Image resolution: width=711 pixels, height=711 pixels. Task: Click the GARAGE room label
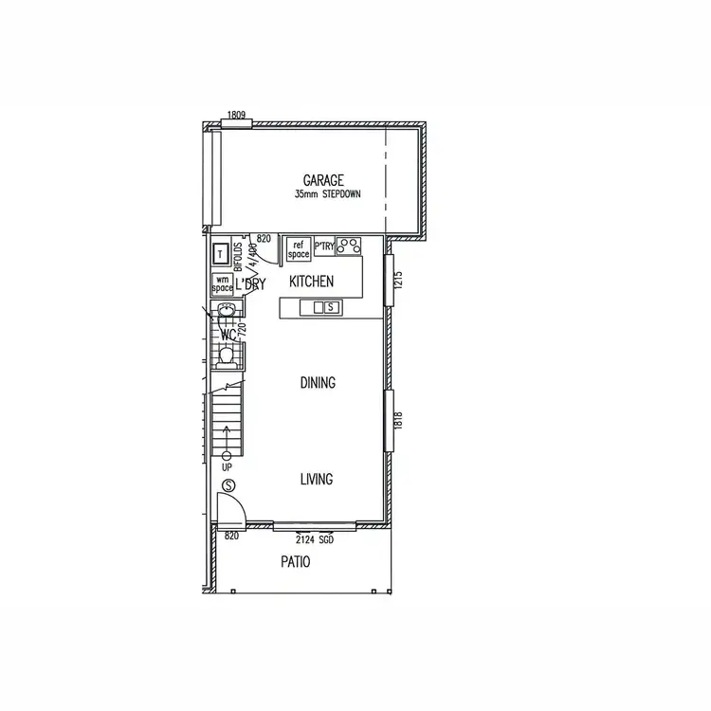pos(323,180)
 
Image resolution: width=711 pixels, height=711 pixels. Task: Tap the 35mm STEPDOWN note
pos(327,194)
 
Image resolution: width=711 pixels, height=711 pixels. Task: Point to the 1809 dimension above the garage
pos(237,116)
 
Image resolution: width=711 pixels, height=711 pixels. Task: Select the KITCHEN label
pos(311,282)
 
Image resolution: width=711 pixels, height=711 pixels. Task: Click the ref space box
pos(299,249)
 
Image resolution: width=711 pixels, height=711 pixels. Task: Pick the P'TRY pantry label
pos(323,246)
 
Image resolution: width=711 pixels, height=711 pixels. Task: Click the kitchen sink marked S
pos(331,307)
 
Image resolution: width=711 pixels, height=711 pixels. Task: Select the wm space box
pos(223,283)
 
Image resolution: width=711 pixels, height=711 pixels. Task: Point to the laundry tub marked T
pos(221,254)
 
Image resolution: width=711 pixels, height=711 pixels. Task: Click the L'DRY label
pos(250,283)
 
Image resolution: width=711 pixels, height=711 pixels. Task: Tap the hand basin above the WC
pos(226,311)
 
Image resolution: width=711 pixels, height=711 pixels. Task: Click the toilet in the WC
pos(226,356)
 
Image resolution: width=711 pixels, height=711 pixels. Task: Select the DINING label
pos(318,383)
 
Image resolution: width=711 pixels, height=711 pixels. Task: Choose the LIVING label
pos(317,480)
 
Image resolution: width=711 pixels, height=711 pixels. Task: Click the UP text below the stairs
pos(227,468)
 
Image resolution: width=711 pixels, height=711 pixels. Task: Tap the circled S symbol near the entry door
pos(228,487)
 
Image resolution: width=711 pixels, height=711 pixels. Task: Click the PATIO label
pos(294,562)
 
